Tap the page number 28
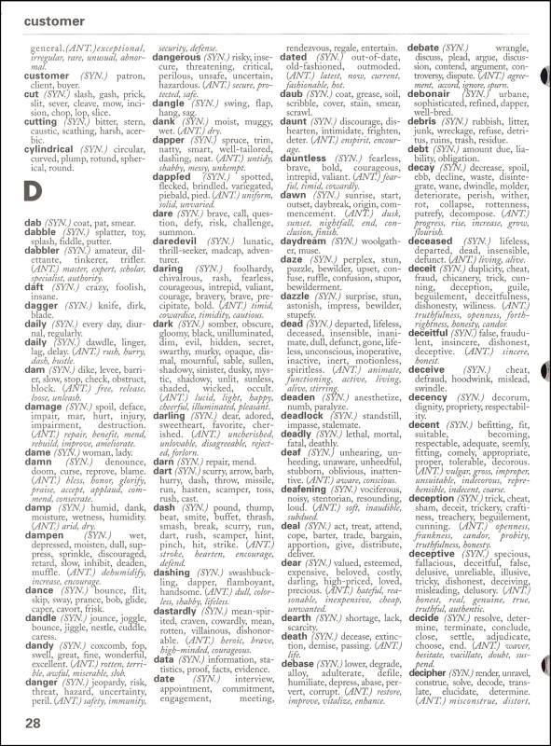[34, 723]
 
